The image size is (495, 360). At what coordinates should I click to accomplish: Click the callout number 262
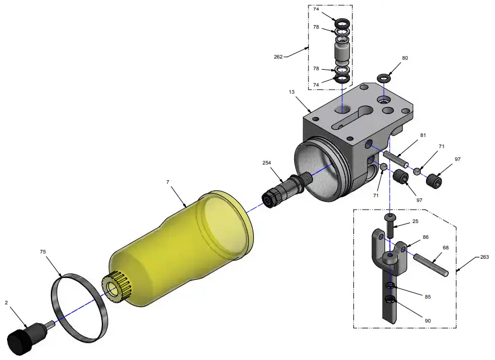[278, 57]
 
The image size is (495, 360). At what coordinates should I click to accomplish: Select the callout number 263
[484, 256]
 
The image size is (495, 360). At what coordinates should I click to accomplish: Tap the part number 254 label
[267, 163]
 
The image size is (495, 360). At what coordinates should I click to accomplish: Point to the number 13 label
[291, 92]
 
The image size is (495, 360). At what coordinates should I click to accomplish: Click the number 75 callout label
[43, 252]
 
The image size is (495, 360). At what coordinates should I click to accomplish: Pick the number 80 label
[404, 59]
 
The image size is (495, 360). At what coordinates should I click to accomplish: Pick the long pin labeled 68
[431, 264]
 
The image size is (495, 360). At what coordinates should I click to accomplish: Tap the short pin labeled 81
[398, 159]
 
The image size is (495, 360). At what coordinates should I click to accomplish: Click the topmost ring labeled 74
[342, 16]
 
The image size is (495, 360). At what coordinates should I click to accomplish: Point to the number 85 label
[427, 297]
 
